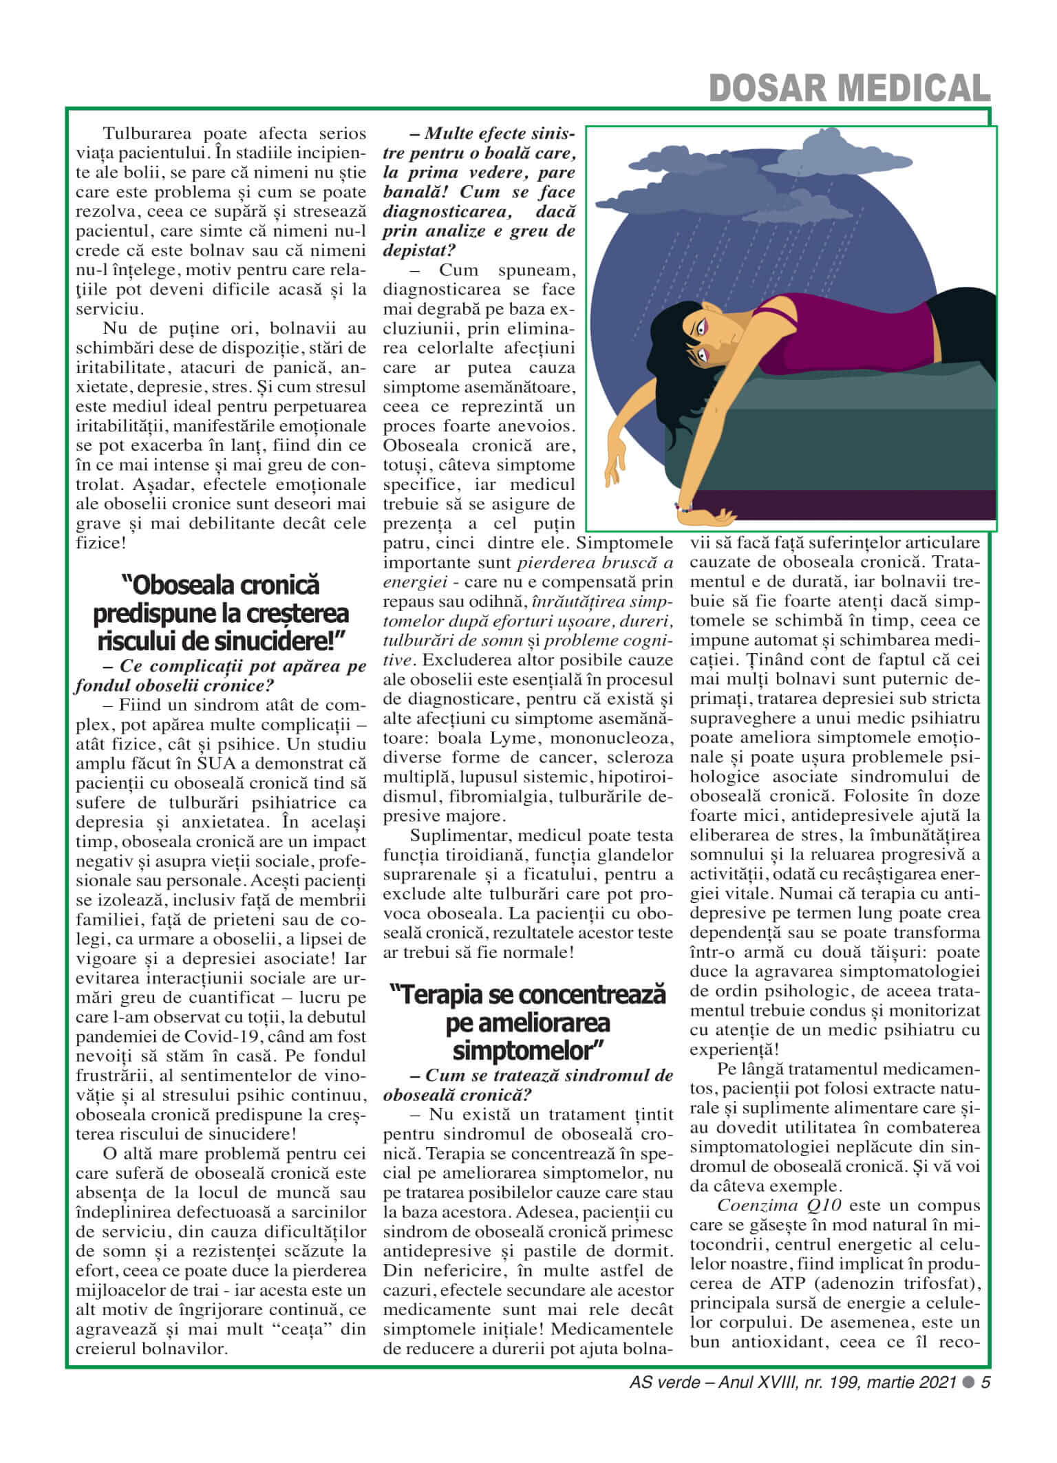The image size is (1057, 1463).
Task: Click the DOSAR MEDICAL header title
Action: (849, 87)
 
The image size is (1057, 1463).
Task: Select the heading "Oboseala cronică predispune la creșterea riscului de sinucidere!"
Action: (220, 613)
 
